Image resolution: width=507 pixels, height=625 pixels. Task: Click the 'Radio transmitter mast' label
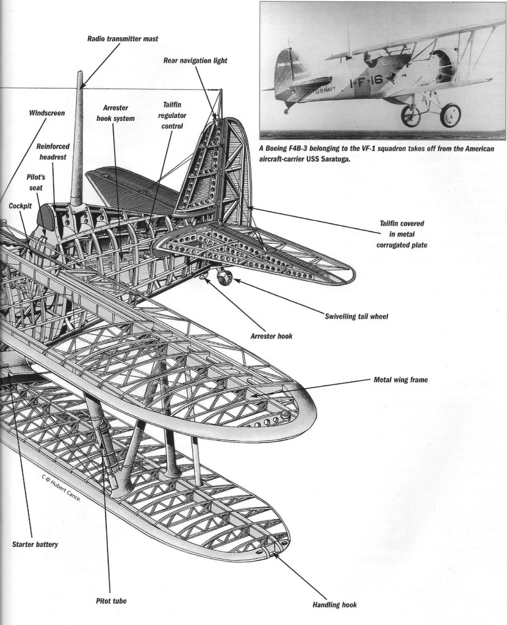point(122,38)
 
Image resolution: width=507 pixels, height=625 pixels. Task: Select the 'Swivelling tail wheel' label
point(357,316)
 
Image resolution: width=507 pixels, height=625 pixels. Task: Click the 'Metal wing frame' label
point(400,379)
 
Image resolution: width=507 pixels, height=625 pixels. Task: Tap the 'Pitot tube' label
point(112,601)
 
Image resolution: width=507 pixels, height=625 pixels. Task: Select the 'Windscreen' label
point(47,113)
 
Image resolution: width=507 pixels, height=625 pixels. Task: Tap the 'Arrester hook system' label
point(115,113)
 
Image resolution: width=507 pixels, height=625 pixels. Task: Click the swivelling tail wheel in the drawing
point(223,278)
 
